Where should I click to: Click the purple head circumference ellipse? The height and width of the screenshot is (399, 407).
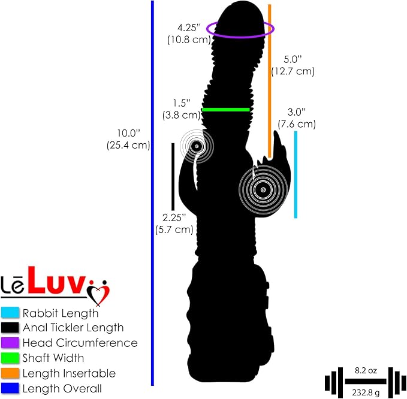pos(240,37)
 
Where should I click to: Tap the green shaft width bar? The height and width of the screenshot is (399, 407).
pos(226,110)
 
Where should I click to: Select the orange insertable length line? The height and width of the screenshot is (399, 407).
pos(269,81)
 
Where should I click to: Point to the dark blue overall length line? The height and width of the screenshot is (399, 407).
pos(152,193)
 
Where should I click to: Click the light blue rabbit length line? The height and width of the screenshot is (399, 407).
pos(296,174)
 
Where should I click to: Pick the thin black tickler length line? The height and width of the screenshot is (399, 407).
pos(173,177)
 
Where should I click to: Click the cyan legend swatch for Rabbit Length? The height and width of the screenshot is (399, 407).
pos(10,312)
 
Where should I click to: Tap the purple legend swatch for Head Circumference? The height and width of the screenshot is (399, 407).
pos(10,343)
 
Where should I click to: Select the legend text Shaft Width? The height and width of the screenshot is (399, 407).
pos(53,358)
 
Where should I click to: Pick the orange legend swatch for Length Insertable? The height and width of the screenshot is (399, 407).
pos(10,373)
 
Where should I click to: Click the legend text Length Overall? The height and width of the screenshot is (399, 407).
pos(62,388)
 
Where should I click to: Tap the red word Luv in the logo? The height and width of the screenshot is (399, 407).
pos(56,280)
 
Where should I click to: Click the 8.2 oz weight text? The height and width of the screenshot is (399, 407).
pos(366,370)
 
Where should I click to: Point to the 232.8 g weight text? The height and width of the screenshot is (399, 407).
pos(366,392)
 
